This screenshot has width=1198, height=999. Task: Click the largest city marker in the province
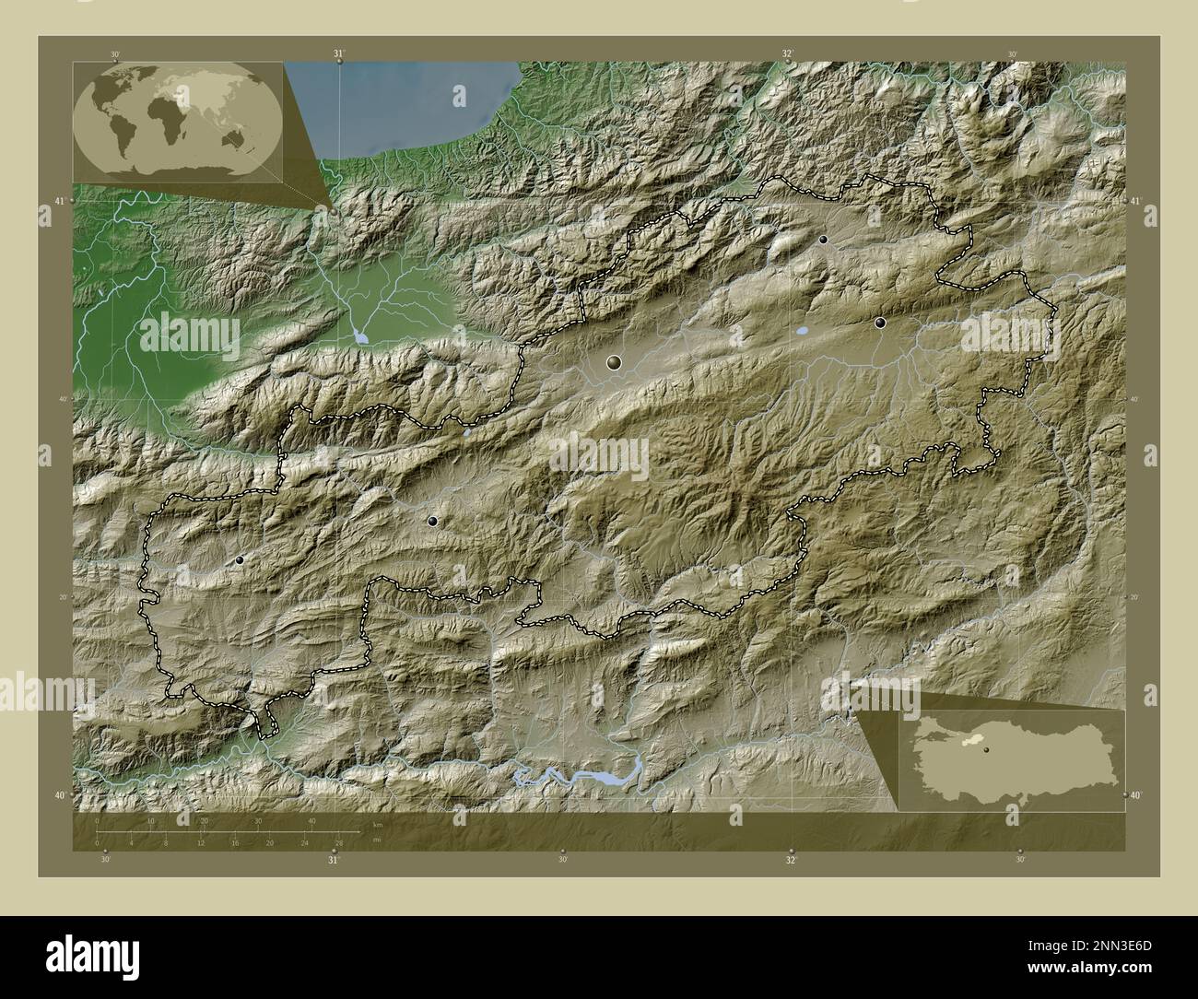coord(614,364)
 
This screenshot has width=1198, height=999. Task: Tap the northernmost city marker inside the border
coord(823,240)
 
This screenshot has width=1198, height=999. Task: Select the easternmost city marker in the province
coord(880,323)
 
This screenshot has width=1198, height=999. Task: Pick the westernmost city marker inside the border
coord(240,559)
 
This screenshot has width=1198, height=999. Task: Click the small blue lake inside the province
coord(802,329)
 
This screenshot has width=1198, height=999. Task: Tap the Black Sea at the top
coord(415,101)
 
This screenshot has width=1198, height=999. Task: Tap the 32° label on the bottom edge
coord(791,859)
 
